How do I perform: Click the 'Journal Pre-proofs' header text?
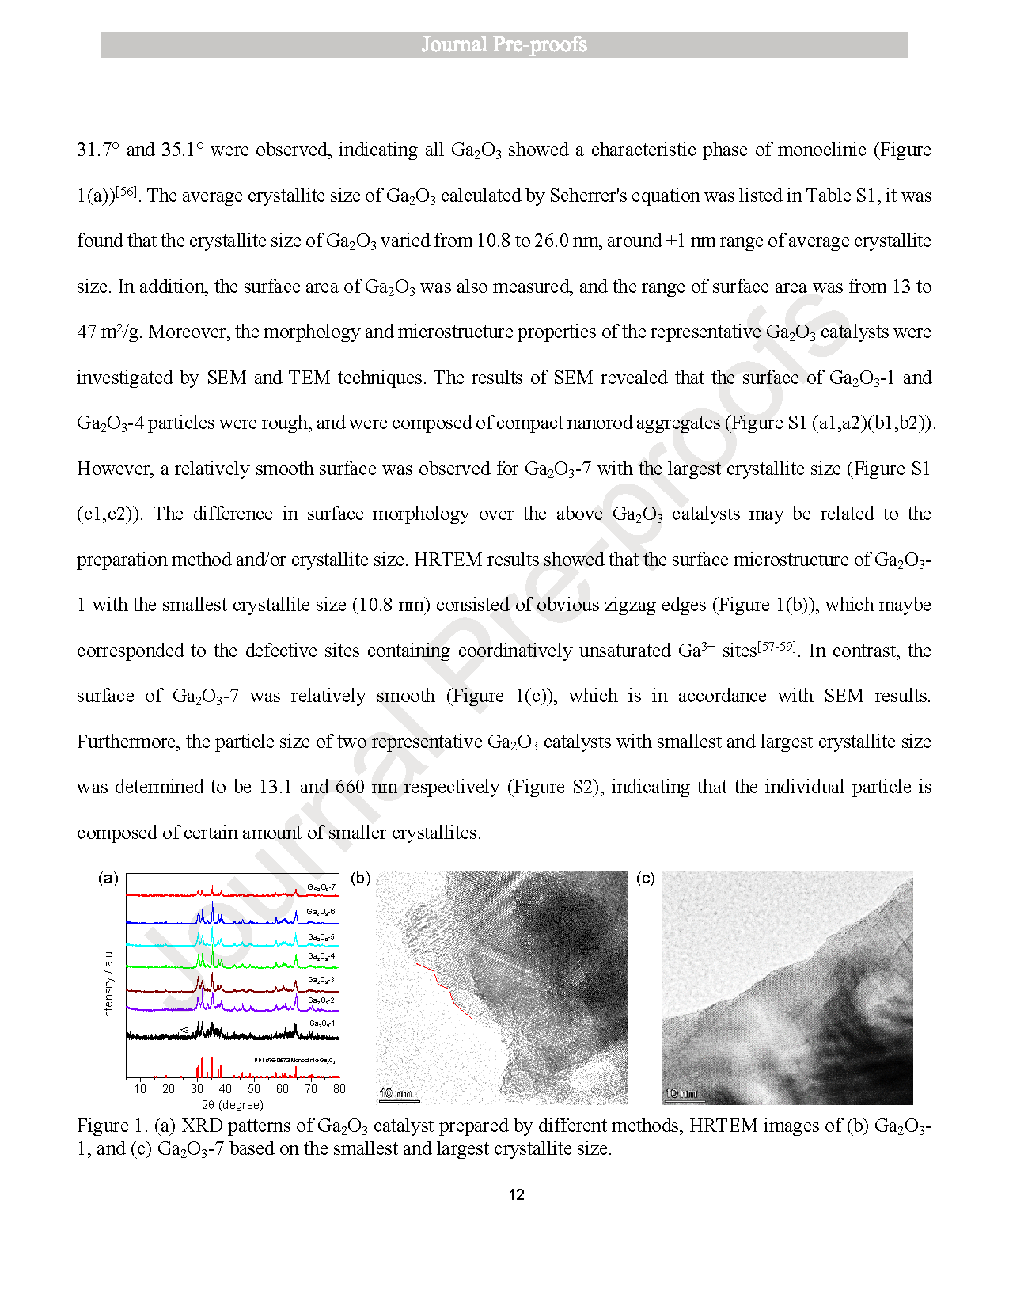pyautogui.click(x=504, y=44)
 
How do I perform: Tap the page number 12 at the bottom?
pyautogui.click(x=516, y=1194)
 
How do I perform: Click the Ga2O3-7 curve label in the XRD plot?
pyautogui.click(x=321, y=887)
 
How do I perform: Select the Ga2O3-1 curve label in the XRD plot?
pyautogui.click(x=321, y=1023)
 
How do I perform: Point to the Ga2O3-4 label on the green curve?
pyautogui.click(x=321, y=956)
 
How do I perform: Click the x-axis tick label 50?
pyautogui.click(x=254, y=1089)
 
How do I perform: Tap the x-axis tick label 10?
pyautogui.click(x=140, y=1089)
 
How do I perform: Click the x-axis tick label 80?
pyautogui.click(x=339, y=1089)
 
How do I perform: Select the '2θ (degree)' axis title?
pyautogui.click(x=233, y=1105)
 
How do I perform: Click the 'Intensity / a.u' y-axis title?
pyautogui.click(x=108, y=985)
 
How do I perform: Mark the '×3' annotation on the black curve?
pyautogui.click(x=184, y=1030)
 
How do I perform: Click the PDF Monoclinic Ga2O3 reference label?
pyautogui.click(x=294, y=1060)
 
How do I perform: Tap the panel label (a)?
pyautogui.click(x=108, y=878)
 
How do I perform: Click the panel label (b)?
pyautogui.click(x=360, y=878)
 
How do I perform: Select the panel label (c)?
pyautogui.click(x=646, y=878)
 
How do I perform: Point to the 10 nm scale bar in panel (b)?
pyautogui.click(x=396, y=1095)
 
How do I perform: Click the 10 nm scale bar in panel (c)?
pyautogui.click(x=681, y=1095)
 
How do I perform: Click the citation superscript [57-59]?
pyautogui.click(x=776, y=647)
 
